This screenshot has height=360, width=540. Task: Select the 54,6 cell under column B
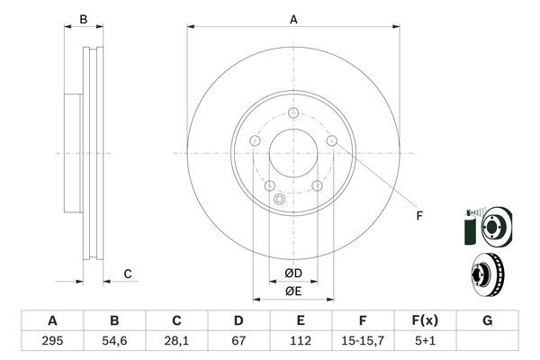point(114,341)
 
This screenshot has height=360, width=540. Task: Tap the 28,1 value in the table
point(176,341)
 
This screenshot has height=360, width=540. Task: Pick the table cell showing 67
point(238,341)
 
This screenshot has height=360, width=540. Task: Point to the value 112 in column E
point(301,341)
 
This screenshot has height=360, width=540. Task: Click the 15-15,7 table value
point(363,341)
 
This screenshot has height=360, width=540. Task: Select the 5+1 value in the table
point(425,341)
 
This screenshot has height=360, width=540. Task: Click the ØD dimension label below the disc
point(292,274)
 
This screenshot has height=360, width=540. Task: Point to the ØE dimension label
point(292,291)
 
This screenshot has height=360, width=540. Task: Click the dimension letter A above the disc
point(293,18)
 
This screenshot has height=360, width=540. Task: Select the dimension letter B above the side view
point(83,19)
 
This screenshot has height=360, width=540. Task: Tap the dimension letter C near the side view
point(128,274)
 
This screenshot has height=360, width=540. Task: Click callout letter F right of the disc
point(418,215)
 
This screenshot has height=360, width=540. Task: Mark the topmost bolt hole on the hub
point(293,113)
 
